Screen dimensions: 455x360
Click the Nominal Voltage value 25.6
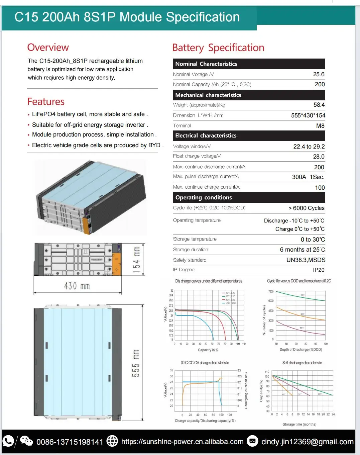point(319,74)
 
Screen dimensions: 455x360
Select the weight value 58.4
point(319,105)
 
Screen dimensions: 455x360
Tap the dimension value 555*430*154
point(308,115)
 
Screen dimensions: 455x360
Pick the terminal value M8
point(320,126)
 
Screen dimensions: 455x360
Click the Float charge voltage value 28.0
point(319,157)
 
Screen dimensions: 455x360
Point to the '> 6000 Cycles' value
point(306,208)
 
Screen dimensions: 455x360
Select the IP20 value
point(319,270)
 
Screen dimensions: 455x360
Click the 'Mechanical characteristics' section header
point(208,95)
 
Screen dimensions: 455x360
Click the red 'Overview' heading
point(48,48)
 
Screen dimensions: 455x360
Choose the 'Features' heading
point(46,102)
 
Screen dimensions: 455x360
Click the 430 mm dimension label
point(77,286)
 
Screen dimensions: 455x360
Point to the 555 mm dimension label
point(136,363)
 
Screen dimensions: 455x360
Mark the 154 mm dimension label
point(136,260)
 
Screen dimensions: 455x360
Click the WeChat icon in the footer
point(26,441)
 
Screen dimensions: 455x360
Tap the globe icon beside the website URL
point(112,441)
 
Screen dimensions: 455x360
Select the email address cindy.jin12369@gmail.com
point(307,442)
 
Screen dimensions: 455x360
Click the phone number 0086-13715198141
point(70,442)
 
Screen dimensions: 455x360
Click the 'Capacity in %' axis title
point(208,350)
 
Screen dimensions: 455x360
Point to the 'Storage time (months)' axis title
point(299,424)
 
